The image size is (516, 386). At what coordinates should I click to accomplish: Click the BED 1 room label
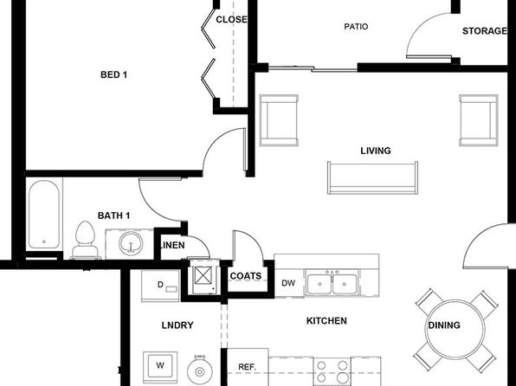tap(113, 74)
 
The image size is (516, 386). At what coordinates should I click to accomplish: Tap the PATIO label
tap(356, 27)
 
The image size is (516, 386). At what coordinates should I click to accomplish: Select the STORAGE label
tap(485, 31)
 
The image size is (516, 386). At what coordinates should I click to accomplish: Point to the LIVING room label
tap(376, 151)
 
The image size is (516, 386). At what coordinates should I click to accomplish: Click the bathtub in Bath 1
tap(44, 215)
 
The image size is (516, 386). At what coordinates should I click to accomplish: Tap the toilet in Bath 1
tap(85, 240)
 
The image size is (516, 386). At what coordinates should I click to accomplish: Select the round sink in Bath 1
tap(131, 243)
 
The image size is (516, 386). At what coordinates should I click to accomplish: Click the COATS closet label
tap(246, 276)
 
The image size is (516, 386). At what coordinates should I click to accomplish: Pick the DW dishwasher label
tap(288, 283)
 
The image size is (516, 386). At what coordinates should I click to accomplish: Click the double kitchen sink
tap(332, 283)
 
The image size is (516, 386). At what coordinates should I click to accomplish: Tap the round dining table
tap(455, 329)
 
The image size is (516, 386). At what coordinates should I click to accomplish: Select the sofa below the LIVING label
tap(372, 177)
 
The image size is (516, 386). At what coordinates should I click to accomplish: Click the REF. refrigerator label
tap(247, 367)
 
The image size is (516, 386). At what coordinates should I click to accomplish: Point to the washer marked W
tap(160, 365)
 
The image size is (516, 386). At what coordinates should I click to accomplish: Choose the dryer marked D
tap(160, 285)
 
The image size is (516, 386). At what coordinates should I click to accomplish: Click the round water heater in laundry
tap(200, 371)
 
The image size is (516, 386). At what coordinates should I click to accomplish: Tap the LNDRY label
tap(177, 325)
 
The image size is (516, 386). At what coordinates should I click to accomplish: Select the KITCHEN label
tap(326, 321)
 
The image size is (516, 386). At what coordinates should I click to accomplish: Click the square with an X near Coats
tap(203, 275)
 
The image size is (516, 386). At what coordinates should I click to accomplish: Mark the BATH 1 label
tap(114, 216)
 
